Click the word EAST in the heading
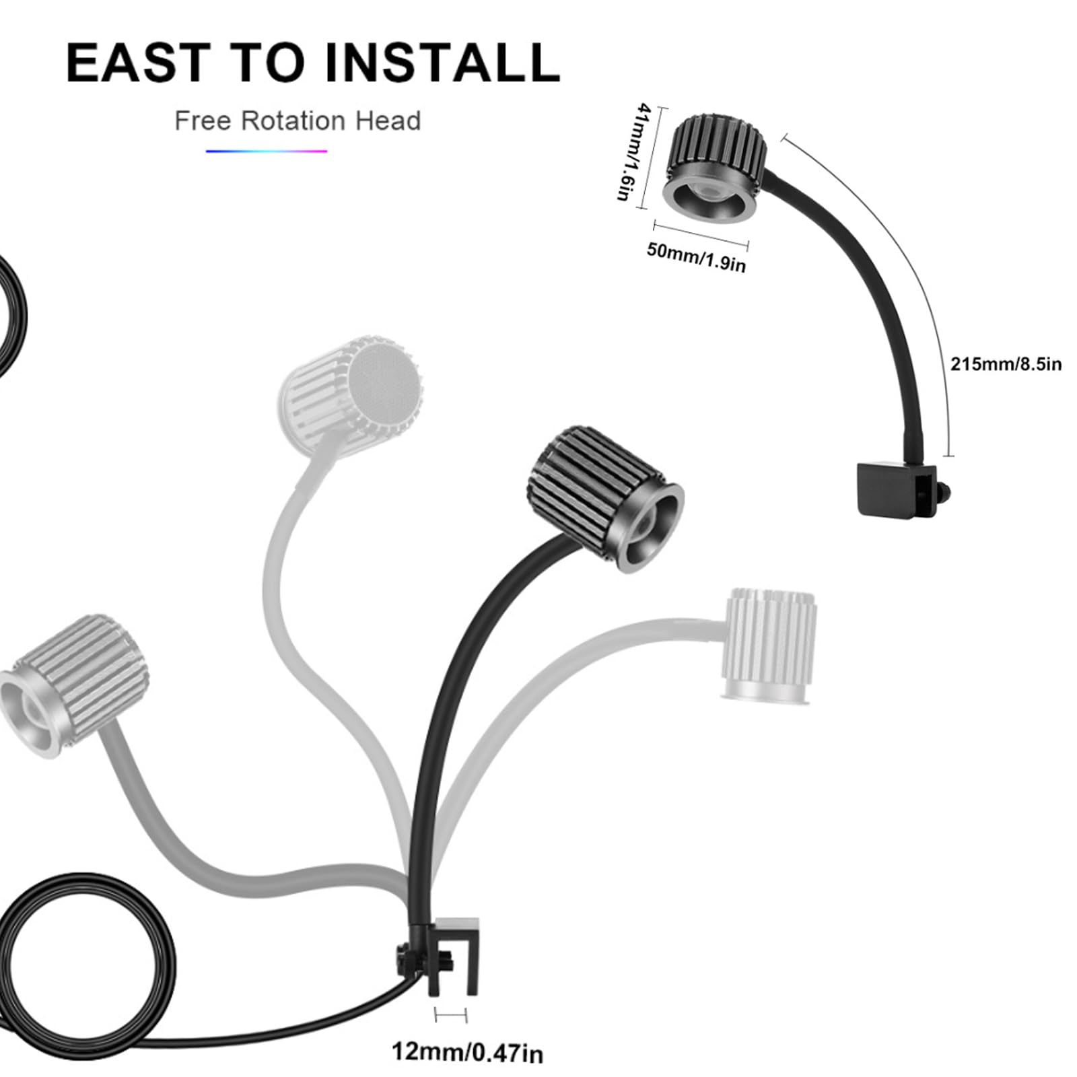pos(138,63)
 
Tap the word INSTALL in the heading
pos(442,63)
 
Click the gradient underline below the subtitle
pos(267,151)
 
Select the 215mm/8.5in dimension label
pos(1006,364)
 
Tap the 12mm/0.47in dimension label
pos(467,1052)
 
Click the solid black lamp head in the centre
pos(604,499)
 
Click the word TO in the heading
pos(267,63)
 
